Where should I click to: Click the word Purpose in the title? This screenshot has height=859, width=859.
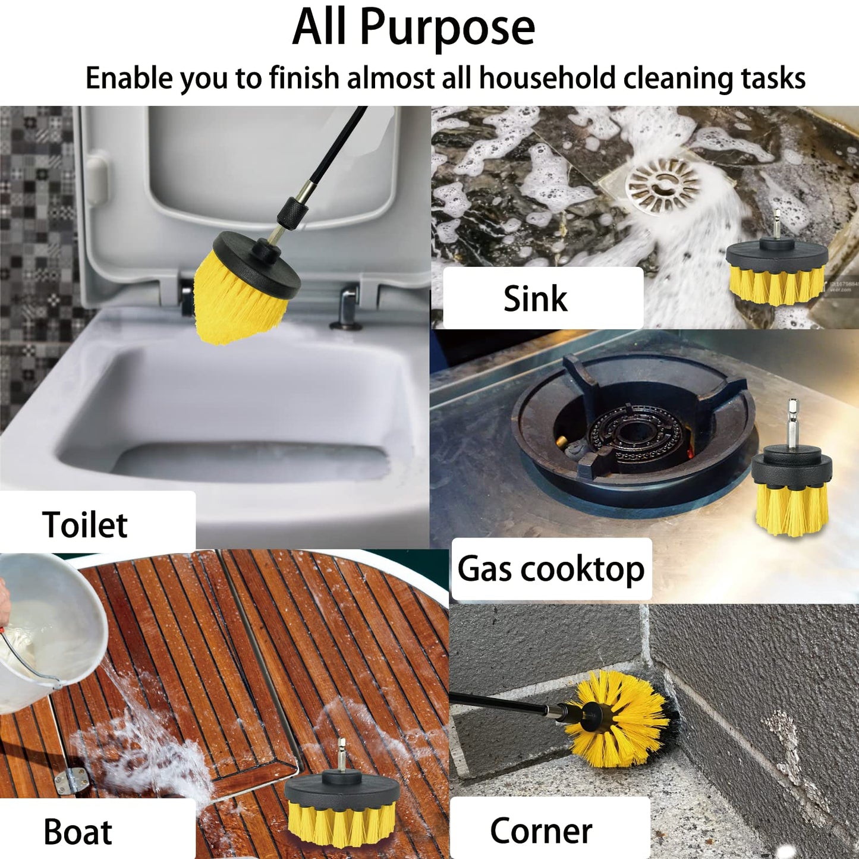447,29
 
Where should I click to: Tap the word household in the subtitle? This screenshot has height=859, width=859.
548,78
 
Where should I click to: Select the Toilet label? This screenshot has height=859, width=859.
85,525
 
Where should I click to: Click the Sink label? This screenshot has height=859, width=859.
535,298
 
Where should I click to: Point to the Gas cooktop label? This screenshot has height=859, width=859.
550,569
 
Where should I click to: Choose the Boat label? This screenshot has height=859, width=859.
78,832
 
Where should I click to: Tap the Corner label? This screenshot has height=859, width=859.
541,830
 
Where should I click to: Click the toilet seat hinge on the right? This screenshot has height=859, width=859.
348,306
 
